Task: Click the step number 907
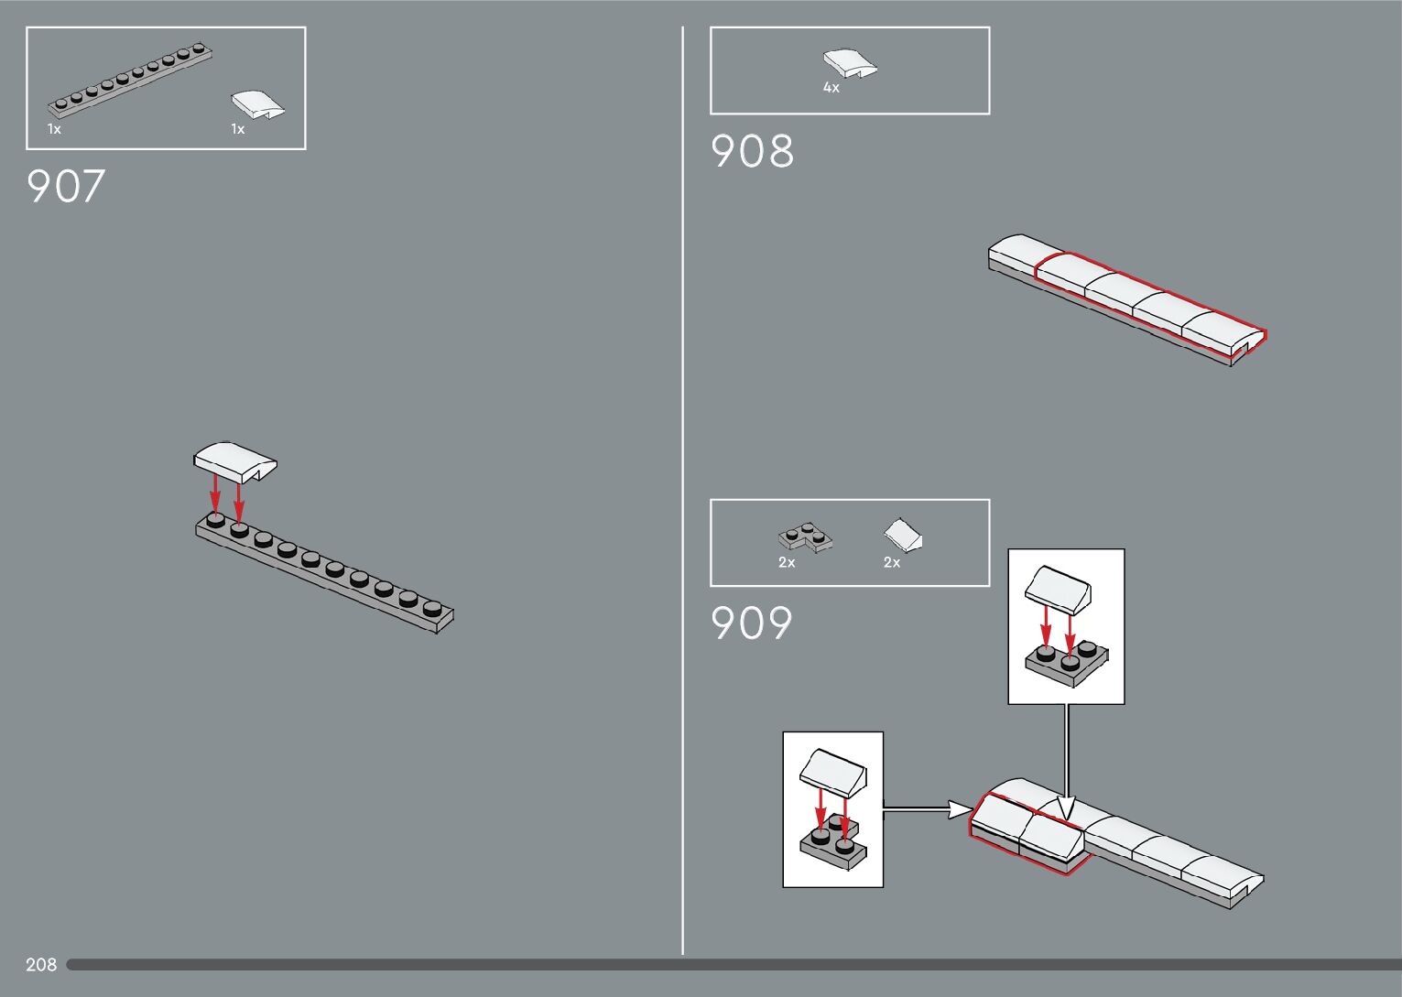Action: pos(66,186)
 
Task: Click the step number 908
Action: pos(752,151)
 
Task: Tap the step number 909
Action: pos(751,623)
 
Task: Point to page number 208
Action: pos(41,965)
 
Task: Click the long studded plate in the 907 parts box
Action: pos(132,80)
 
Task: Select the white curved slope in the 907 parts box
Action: pos(257,104)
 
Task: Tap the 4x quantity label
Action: pos(831,88)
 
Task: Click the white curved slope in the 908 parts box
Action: pos(850,62)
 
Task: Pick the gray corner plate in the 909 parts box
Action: pos(805,536)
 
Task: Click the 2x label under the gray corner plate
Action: pos(787,563)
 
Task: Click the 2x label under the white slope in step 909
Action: pos(892,563)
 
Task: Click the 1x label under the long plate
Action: pos(55,129)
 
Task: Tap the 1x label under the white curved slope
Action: pos(238,129)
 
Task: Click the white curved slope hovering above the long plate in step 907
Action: pos(234,461)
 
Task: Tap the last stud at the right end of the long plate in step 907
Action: pos(431,607)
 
